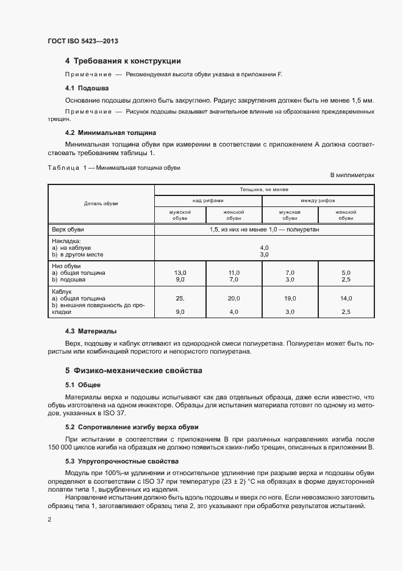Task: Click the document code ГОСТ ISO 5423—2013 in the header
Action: (x=82, y=42)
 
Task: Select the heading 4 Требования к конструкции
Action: (x=123, y=61)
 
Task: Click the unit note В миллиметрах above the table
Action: (x=352, y=175)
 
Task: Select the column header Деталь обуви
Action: (x=101, y=203)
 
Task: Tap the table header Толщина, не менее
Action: (x=264, y=190)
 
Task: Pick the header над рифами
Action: (x=208, y=200)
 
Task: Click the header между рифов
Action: (x=317, y=200)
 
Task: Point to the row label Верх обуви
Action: (x=68, y=230)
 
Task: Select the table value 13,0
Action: (x=180, y=272)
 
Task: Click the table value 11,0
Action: (x=234, y=272)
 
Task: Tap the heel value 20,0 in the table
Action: (x=234, y=298)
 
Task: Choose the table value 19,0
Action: (x=290, y=298)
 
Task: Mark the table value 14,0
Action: (x=346, y=298)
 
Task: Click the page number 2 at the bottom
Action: (x=49, y=520)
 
